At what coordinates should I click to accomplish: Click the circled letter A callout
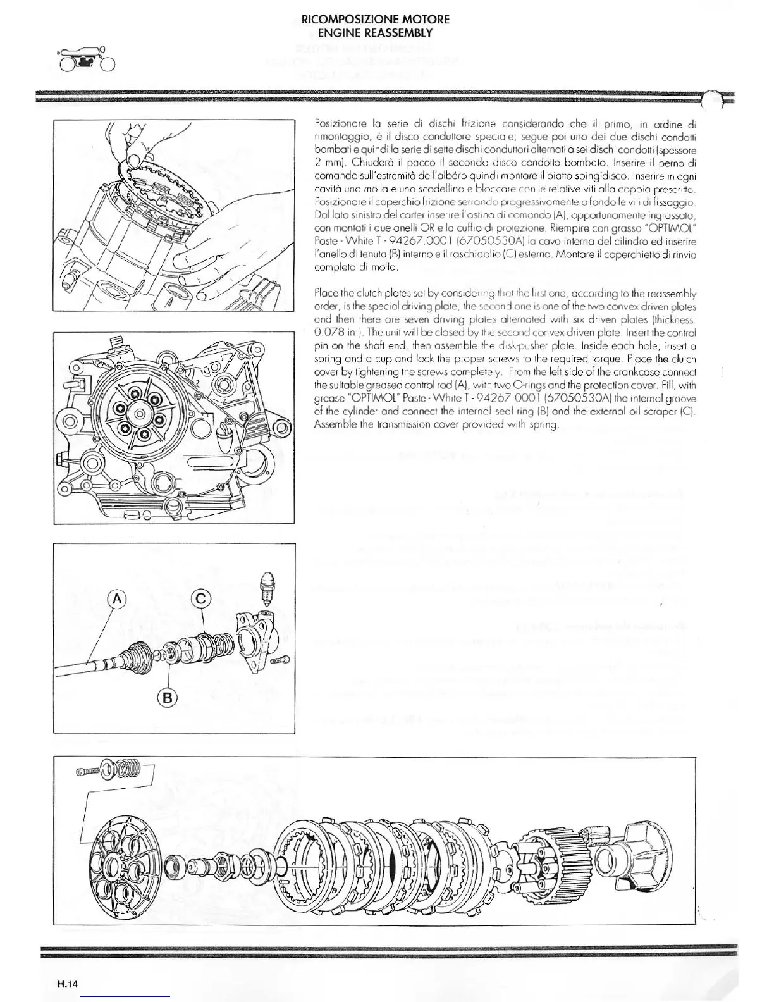point(116,598)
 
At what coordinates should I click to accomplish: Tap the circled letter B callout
point(168,698)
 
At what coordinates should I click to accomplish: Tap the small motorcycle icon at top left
point(87,59)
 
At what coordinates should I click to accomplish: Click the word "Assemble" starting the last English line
point(336,424)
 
